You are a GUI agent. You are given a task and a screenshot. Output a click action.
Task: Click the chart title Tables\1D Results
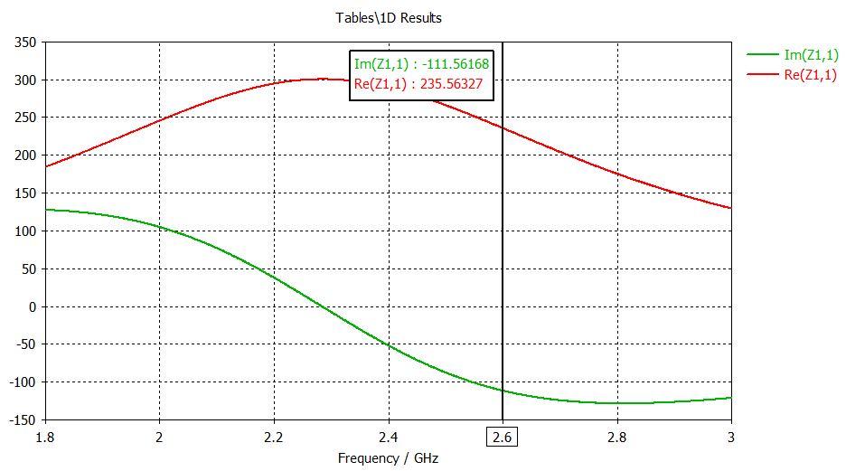click(389, 18)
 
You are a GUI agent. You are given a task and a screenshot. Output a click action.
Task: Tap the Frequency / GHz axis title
click(388, 458)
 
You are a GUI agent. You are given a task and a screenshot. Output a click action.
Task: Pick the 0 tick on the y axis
click(33, 307)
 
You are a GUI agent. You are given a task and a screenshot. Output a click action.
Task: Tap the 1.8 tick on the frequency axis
click(45, 438)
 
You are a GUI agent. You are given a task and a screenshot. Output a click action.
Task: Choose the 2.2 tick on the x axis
click(274, 438)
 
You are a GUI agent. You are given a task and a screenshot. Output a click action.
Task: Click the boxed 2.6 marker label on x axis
click(503, 438)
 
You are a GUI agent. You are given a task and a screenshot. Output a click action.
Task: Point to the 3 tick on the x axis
click(731, 438)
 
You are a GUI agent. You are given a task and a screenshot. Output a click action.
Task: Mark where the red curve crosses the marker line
click(503, 128)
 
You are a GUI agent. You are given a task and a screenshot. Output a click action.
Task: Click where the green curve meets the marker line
click(503, 391)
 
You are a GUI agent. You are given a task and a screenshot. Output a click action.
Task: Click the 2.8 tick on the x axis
click(617, 438)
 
